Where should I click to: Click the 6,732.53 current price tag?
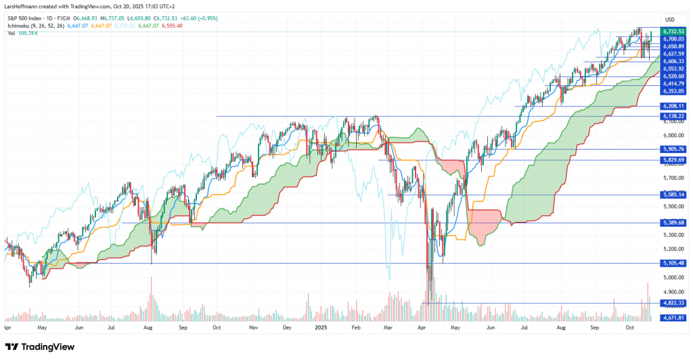(x=673, y=31)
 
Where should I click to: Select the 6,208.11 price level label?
(x=673, y=106)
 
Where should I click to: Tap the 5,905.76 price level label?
(x=673, y=149)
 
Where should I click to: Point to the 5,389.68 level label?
(x=673, y=222)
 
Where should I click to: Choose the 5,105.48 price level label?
(x=673, y=263)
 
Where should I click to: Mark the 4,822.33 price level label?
(x=673, y=303)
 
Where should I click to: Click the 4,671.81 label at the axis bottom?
(x=673, y=317)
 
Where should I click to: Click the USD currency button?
(x=671, y=19)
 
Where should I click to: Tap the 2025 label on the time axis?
(x=321, y=326)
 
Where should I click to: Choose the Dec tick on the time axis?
(x=287, y=326)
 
